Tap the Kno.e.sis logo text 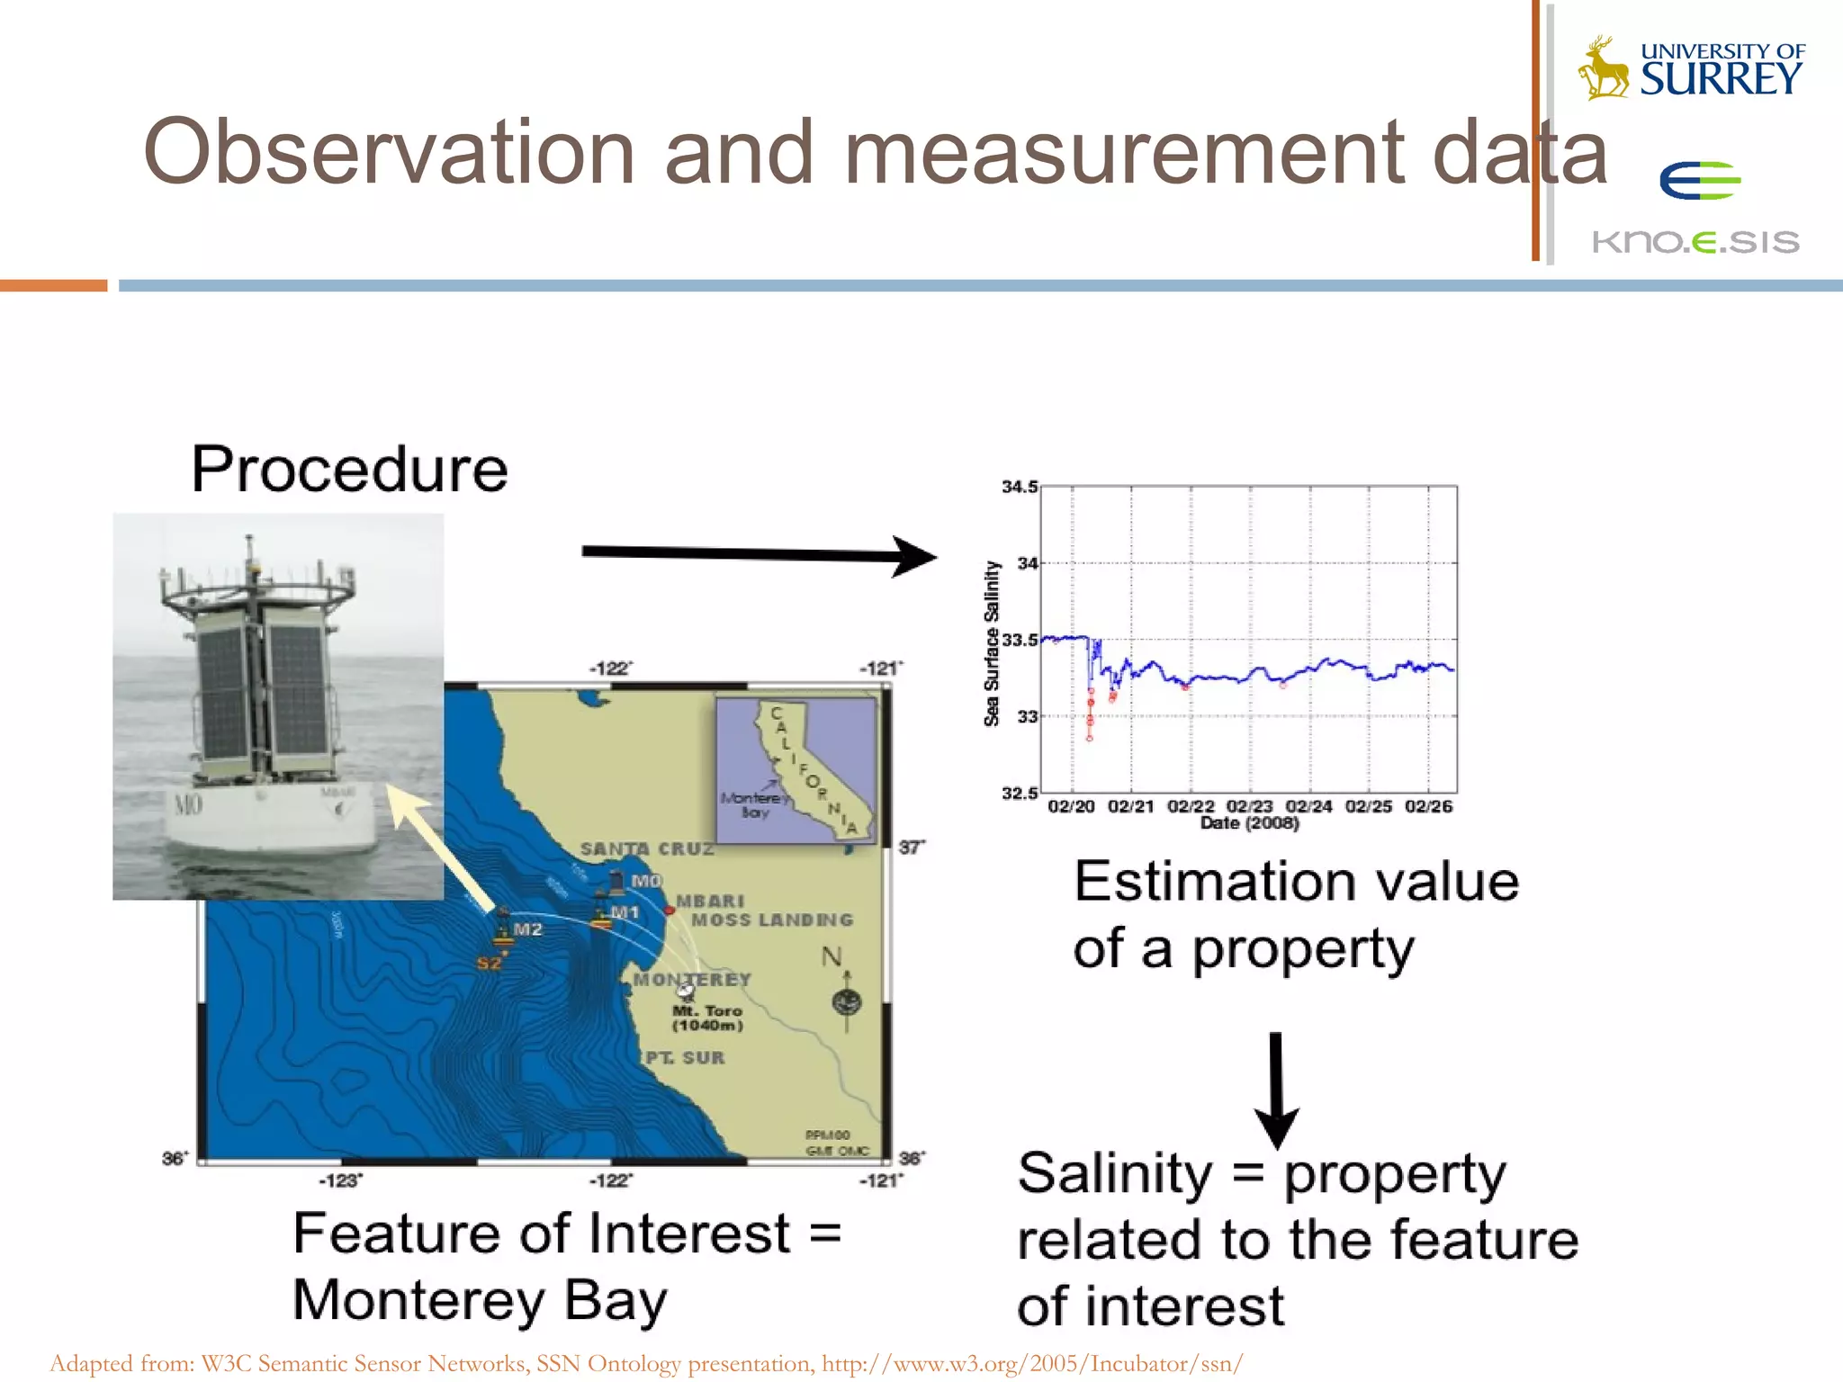(1695, 242)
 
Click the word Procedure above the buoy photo (349, 470)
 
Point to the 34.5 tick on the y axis (1020, 487)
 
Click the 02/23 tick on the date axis (1249, 806)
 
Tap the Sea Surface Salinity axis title (992, 643)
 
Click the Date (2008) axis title (1249, 823)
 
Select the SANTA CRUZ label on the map (646, 848)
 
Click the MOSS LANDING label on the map (771, 920)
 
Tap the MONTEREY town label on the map (691, 979)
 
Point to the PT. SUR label (685, 1058)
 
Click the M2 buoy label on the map (527, 929)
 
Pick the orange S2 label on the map (489, 964)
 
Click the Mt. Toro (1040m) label (707, 1019)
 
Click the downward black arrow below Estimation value (1276, 1090)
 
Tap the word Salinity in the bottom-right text (1114, 1174)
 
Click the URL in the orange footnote (1032, 1364)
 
